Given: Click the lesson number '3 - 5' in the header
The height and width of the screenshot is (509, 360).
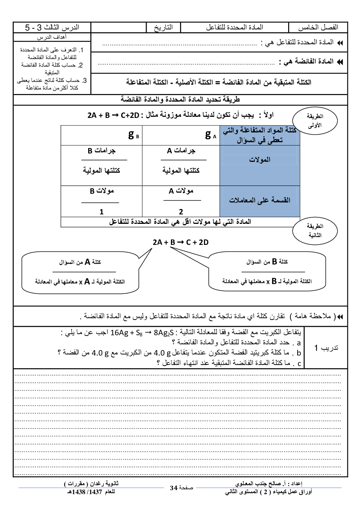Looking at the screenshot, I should coord(33,28).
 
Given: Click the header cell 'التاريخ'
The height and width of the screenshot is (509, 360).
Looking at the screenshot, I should coord(163,28).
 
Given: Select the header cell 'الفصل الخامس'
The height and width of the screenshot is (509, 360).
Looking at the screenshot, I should coord(318,28).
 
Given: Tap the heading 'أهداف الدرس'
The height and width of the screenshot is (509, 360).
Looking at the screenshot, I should coord(52,37).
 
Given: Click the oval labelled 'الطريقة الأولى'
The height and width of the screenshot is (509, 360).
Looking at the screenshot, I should coord(315,121).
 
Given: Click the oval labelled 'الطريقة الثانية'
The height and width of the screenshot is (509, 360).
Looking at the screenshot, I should coord(315,231).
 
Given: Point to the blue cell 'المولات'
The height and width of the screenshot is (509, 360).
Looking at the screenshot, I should coord(259,160).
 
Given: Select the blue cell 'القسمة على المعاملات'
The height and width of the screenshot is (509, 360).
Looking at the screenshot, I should coord(259,200).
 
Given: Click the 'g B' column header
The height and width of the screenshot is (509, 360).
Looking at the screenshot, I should coord(134,135).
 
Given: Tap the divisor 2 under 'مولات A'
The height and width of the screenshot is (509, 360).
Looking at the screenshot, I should coord(181,212).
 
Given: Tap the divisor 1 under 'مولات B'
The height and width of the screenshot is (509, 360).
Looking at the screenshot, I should coord(102,212).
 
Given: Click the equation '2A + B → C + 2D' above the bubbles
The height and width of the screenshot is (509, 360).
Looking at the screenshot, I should coord(180,242).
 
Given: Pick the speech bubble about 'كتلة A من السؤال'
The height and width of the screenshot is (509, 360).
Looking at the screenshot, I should coord(80,272).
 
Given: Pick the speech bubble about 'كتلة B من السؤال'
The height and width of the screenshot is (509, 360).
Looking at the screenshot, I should coord(267,272).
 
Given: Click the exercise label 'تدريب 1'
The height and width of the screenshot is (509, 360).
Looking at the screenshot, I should coord(326,348).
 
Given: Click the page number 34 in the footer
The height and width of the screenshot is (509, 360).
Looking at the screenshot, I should coord(174,488).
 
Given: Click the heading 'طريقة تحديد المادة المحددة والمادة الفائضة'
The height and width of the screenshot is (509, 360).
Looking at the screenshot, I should coord(180,99).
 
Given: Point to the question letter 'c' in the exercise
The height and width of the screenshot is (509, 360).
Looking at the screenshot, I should coord(299,364).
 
